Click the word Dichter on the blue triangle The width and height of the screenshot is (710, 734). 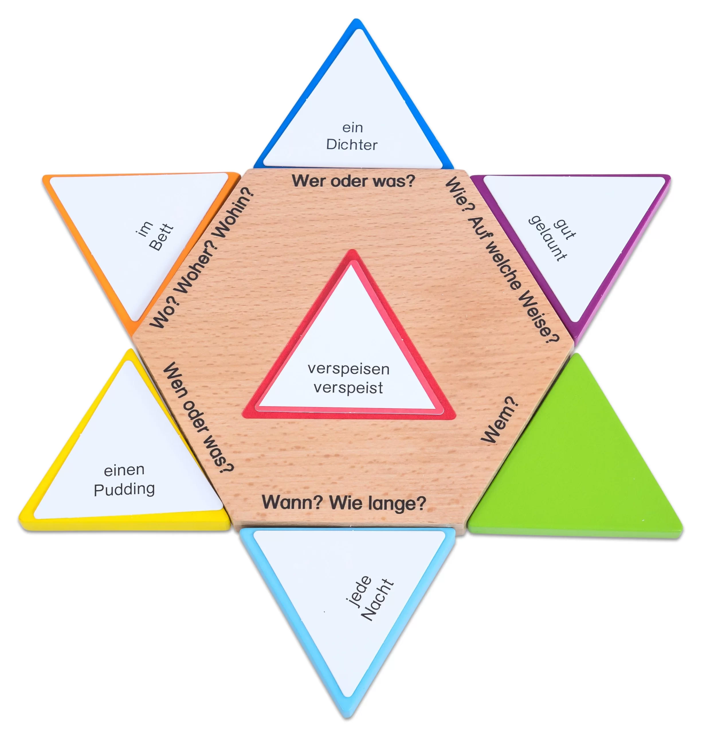tap(352, 145)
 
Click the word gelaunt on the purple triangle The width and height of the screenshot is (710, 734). tap(547, 238)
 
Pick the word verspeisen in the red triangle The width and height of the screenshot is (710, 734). tap(348, 369)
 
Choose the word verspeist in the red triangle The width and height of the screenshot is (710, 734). tap(348, 388)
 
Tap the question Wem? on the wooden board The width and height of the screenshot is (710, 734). tap(499, 421)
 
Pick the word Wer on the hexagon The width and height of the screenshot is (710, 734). tap(308, 181)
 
